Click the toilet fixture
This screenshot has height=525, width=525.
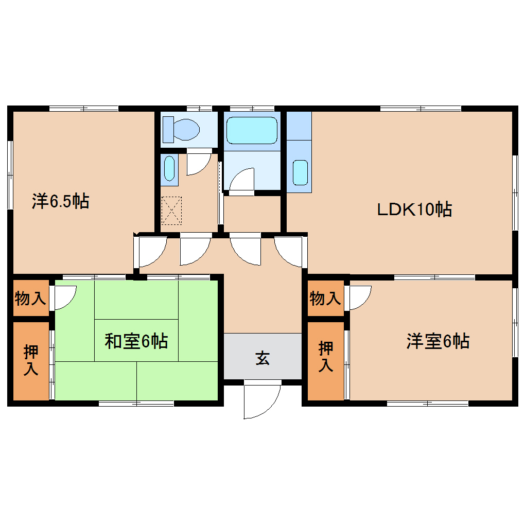182,129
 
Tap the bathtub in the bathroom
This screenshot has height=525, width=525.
252,130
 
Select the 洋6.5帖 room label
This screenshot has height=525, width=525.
61,201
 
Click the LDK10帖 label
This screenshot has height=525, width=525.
414,209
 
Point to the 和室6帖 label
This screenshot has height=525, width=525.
136,341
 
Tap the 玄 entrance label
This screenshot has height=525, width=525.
262,358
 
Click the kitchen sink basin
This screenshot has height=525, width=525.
300,172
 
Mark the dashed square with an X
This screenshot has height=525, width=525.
171,211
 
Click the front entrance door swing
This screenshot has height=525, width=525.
261,400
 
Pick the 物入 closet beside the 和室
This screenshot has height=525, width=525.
31,298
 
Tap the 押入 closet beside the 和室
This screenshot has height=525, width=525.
31,361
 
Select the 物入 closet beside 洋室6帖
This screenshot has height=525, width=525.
325,298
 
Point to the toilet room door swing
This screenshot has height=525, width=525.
198,163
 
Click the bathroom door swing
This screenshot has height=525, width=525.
241,181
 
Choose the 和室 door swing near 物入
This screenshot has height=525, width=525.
64,297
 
